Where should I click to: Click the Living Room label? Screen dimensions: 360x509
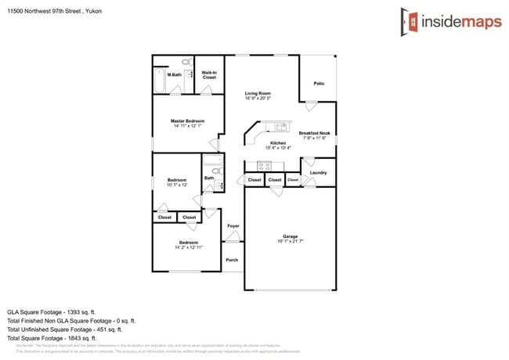[257, 94]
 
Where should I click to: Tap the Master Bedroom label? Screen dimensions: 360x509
[188, 121]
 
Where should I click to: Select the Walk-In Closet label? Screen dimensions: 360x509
[209, 75]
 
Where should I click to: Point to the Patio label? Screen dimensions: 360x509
[319, 83]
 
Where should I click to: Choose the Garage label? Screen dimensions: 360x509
[291, 236]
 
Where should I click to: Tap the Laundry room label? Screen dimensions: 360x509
[318, 172]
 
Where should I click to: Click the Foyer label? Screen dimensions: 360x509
[233, 226]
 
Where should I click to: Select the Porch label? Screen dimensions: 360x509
[232, 260]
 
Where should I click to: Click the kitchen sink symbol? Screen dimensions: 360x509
[280, 126]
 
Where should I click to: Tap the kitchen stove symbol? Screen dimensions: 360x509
[265, 165]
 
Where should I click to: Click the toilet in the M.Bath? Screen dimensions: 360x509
[186, 61]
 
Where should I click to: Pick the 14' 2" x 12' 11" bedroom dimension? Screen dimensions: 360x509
[189, 247]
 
